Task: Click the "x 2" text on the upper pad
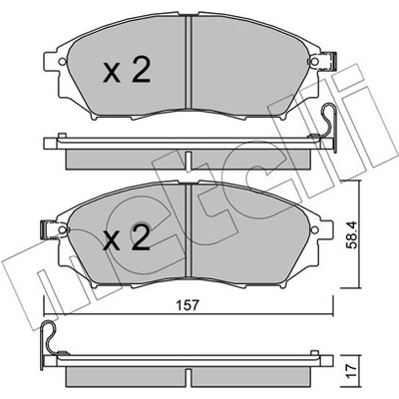(x=127, y=71)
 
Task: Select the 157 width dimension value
(x=188, y=304)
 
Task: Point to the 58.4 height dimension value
(x=351, y=235)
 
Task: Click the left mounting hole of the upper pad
(x=62, y=62)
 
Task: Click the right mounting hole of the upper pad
(x=314, y=62)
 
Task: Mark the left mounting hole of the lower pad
(x=62, y=229)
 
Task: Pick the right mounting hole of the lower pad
(x=314, y=229)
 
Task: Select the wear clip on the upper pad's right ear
(x=329, y=62)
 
